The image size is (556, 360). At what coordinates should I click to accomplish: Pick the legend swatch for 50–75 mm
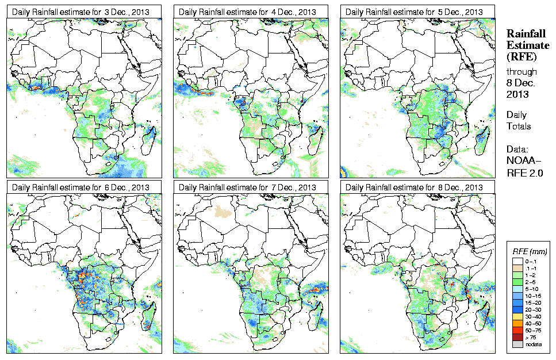517,331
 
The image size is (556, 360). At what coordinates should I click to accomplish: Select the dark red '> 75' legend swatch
517,337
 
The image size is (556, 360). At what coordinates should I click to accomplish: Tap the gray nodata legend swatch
517,344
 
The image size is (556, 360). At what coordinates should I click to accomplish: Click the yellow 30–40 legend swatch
517,317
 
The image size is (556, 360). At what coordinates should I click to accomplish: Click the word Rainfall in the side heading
525,34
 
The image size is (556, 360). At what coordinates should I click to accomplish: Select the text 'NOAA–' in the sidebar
522,162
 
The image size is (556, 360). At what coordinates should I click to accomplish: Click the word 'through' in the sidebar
522,72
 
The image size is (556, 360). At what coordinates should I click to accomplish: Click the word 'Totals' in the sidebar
519,127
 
